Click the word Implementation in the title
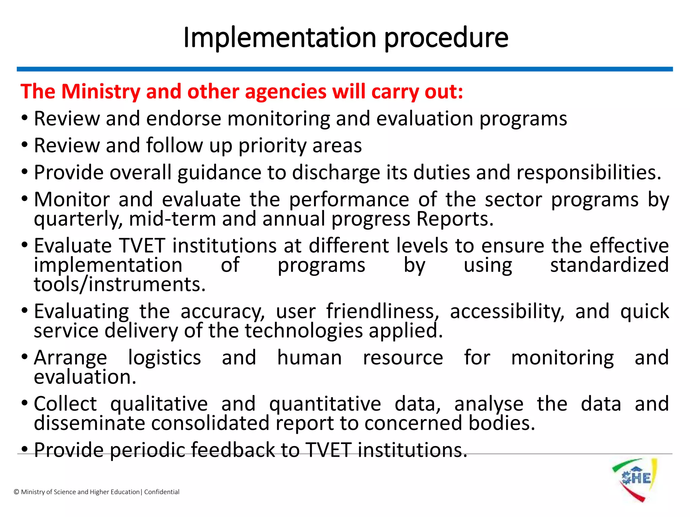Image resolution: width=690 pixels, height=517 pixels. click(x=279, y=38)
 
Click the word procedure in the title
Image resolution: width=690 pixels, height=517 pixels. click(x=446, y=38)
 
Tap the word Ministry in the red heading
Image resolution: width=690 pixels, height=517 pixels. click(x=100, y=92)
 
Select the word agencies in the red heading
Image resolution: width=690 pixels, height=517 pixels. click(x=286, y=92)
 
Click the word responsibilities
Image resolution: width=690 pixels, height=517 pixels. click(x=589, y=173)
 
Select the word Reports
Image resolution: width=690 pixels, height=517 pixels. click(x=455, y=219)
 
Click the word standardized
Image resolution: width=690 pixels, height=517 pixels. click(x=609, y=265)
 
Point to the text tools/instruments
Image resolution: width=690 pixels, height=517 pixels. click(x=120, y=284)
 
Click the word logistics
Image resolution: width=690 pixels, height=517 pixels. click(x=164, y=358)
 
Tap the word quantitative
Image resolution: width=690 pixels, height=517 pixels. click(x=325, y=404)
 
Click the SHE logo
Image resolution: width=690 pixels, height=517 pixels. click(x=634, y=480)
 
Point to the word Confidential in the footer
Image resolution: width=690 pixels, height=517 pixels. click(x=162, y=492)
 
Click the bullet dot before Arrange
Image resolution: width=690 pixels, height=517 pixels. click(x=24, y=357)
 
